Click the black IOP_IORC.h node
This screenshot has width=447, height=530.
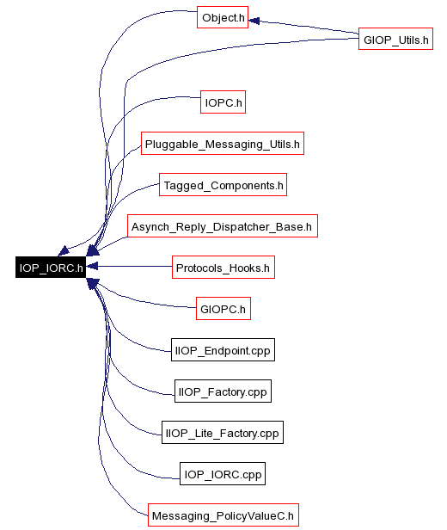[x=51, y=267]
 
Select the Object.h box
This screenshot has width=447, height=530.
[x=223, y=17]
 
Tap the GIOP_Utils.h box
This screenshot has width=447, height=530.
[x=395, y=39]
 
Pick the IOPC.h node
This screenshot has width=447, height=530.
[x=223, y=102]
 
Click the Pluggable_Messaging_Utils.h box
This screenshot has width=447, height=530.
[x=223, y=144]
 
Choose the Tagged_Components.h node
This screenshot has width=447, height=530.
[x=223, y=184]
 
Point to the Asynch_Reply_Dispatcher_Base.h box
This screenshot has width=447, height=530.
[x=223, y=225]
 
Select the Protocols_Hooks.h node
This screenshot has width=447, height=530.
[x=223, y=268]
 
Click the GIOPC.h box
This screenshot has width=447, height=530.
[x=223, y=309]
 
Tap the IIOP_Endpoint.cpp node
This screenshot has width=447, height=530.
[x=223, y=350]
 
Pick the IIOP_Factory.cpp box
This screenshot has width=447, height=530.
[x=223, y=391]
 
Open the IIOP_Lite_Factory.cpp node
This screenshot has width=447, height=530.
[x=223, y=432]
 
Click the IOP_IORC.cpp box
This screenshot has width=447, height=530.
[x=223, y=473]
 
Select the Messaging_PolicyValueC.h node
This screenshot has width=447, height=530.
[x=223, y=515]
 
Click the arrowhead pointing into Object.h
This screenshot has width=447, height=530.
[x=254, y=21]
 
